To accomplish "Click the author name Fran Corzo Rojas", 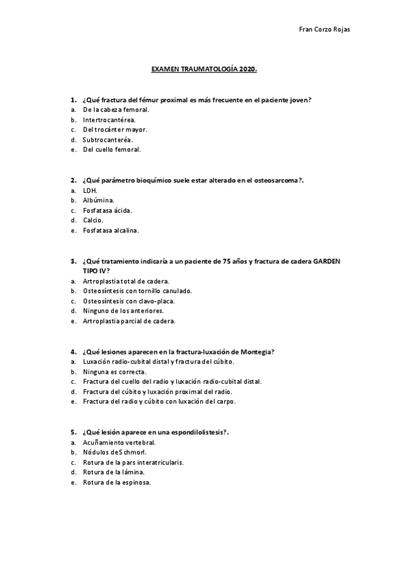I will (x=325, y=29).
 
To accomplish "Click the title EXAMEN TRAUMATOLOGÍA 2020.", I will (x=204, y=70).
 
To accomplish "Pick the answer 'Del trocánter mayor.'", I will (x=114, y=130).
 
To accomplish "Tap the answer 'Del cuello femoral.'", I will (x=112, y=149).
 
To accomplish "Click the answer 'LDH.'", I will (x=90, y=191).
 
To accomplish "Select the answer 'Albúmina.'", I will (x=98, y=201).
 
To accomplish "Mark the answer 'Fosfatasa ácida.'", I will (x=107, y=211).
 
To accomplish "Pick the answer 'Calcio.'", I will (x=93, y=220).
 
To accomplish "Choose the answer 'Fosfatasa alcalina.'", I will (x=110, y=230).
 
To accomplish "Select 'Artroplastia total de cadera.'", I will (x=125, y=281).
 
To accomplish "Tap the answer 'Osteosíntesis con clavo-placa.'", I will (x=129, y=301).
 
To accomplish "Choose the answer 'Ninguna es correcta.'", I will (x=114, y=371).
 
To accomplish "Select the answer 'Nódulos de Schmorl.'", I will (x=114, y=452).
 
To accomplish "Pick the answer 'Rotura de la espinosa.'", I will (x=116, y=482).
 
